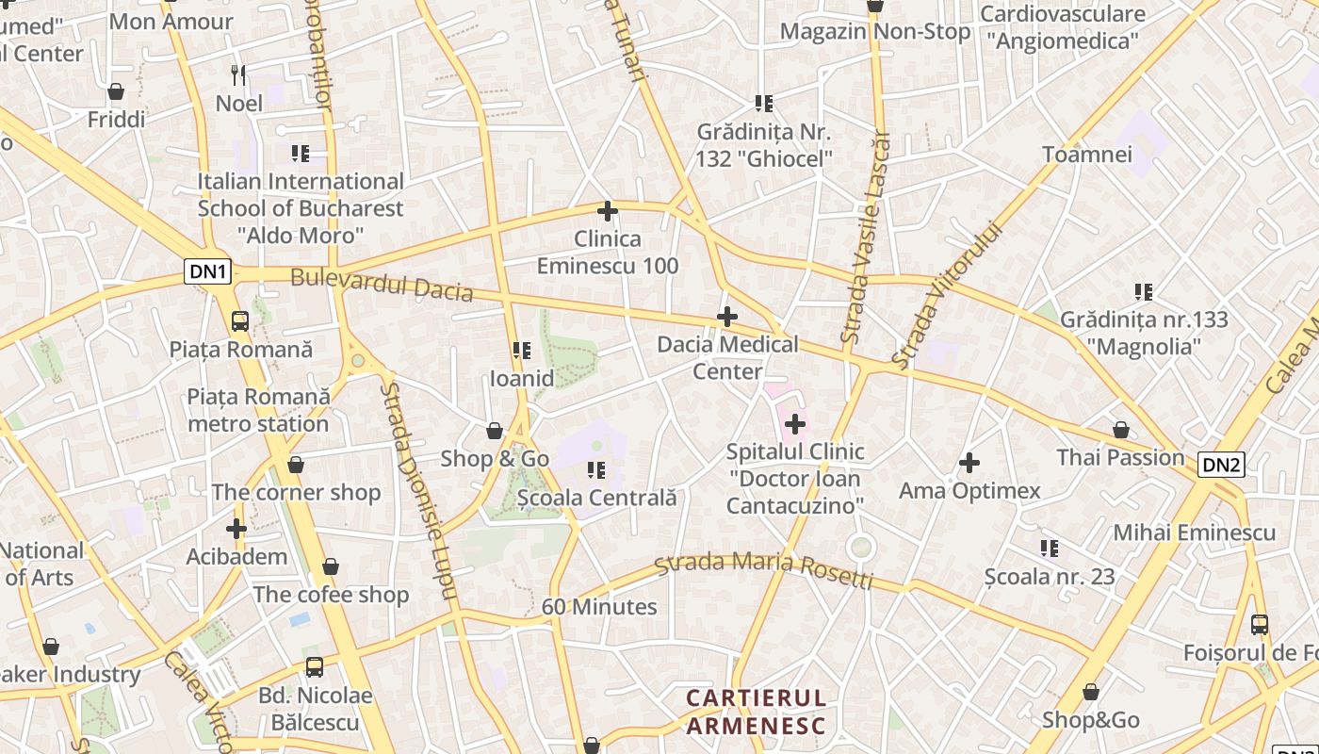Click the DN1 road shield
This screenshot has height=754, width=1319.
click(x=208, y=272)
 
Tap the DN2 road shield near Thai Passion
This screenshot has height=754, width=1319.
click(x=1221, y=464)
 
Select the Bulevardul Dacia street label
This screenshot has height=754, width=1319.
click(x=382, y=284)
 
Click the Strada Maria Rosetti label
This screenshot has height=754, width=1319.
click(x=764, y=568)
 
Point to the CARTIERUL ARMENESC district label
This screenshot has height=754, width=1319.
click(x=756, y=712)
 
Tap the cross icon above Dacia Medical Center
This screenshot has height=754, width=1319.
click(x=727, y=317)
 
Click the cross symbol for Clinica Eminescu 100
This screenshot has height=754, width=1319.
click(x=608, y=211)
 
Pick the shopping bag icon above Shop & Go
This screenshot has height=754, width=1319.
click(x=495, y=432)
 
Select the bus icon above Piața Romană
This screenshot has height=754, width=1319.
click(x=240, y=321)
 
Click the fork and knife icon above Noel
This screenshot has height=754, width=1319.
click(x=239, y=74)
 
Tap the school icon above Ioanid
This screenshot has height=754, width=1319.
click(x=521, y=351)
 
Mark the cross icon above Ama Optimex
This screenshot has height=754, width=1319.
click(x=969, y=463)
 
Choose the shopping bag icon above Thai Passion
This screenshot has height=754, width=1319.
click(x=1120, y=430)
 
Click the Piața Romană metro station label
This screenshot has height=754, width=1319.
click(x=258, y=410)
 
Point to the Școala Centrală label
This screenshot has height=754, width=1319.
click(x=597, y=497)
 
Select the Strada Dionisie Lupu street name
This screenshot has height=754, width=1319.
click(x=418, y=490)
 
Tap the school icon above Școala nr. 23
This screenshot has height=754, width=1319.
click(x=1050, y=548)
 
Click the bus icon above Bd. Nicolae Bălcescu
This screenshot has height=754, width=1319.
click(x=315, y=667)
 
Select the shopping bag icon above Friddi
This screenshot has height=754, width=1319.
click(x=116, y=91)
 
